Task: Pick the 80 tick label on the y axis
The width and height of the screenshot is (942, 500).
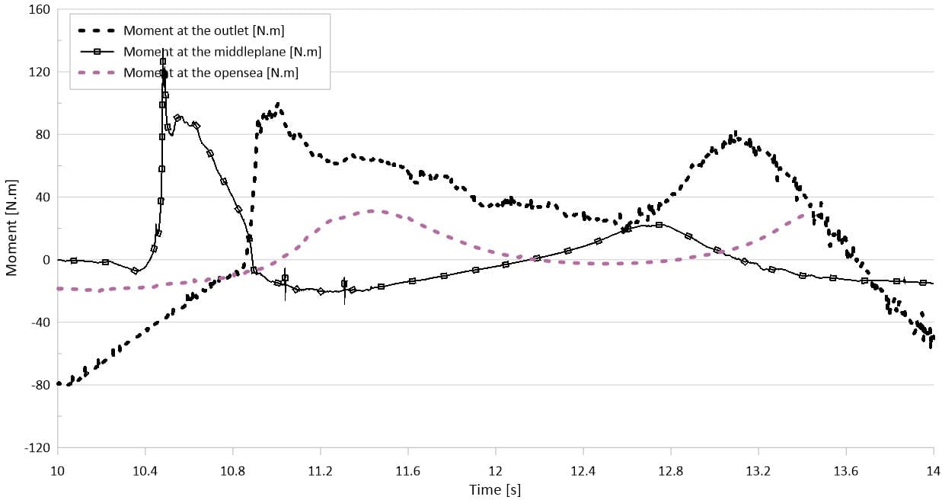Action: click(42, 135)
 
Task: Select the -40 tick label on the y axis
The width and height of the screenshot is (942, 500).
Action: click(40, 322)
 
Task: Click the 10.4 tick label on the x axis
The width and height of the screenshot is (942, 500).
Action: click(145, 472)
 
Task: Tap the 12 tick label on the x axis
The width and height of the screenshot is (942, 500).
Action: click(496, 472)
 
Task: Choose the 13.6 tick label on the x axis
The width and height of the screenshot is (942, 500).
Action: click(846, 472)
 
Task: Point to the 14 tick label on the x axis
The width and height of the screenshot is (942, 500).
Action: click(933, 472)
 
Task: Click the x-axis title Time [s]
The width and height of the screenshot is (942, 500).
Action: click(495, 489)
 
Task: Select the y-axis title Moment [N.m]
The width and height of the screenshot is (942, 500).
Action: click(11, 229)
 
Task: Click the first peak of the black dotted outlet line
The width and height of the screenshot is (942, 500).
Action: click(278, 104)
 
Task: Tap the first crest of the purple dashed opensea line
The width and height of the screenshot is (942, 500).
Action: click(371, 211)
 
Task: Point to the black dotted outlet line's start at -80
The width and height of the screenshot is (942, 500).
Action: click(59, 384)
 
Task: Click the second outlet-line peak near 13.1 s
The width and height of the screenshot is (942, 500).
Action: click(735, 134)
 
